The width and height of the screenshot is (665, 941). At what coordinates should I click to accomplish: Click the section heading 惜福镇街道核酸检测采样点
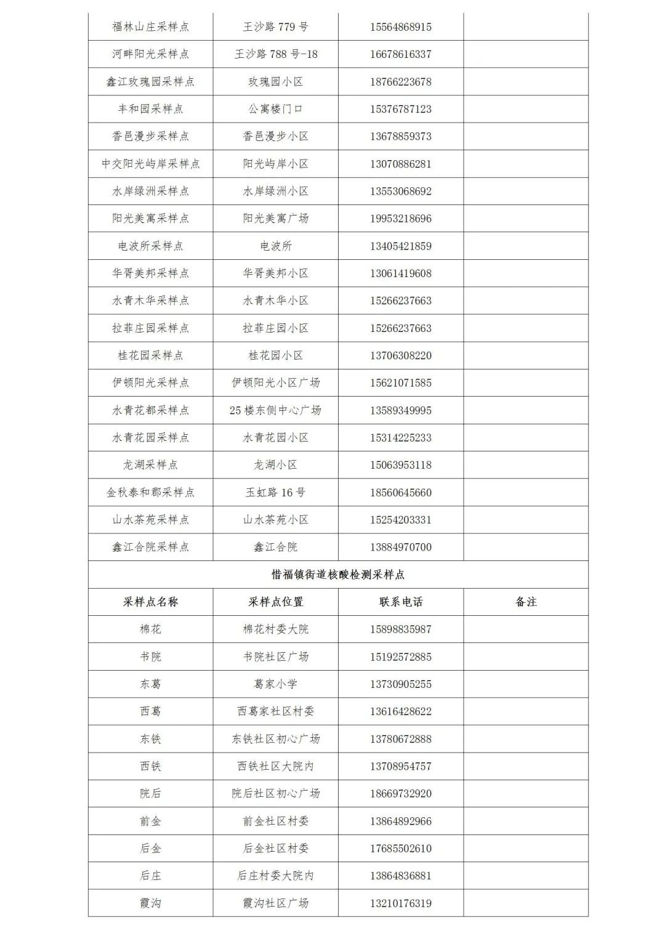click(338, 575)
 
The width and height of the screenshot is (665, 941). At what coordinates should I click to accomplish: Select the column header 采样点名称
click(151, 602)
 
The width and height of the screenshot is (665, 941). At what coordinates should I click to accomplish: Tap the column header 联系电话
click(401, 602)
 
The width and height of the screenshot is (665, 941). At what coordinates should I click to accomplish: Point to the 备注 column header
click(526, 602)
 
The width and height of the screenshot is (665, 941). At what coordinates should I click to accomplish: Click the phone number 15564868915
click(401, 27)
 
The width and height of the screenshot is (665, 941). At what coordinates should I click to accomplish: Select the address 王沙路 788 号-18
click(276, 54)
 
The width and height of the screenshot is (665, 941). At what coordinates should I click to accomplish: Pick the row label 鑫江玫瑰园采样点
click(151, 81)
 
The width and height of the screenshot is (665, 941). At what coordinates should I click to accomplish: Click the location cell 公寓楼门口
click(276, 109)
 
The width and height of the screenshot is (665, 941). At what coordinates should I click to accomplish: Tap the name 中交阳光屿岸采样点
click(151, 164)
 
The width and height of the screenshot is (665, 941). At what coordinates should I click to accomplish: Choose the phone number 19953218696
click(401, 219)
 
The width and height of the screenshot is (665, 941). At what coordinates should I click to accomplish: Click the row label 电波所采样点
click(151, 246)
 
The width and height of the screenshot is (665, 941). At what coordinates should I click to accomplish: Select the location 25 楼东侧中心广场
click(276, 410)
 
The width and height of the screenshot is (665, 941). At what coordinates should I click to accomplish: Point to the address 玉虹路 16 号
click(276, 492)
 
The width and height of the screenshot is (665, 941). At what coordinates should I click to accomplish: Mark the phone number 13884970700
click(401, 547)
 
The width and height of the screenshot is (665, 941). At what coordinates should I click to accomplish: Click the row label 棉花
click(151, 629)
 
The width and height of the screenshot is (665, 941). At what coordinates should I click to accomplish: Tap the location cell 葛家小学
click(276, 684)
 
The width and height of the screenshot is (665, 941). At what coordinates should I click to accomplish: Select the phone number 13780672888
click(401, 738)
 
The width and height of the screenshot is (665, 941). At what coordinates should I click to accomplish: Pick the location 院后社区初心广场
click(276, 793)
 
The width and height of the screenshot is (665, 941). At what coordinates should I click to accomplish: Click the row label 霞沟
click(151, 903)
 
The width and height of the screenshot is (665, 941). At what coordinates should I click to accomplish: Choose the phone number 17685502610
click(401, 848)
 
